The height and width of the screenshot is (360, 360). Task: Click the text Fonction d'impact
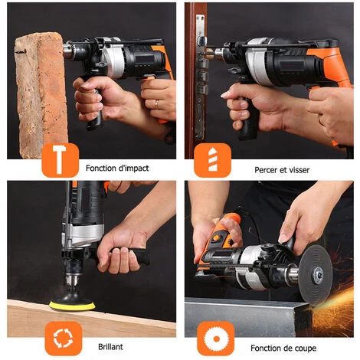tap(117, 168)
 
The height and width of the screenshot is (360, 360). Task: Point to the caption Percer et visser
tap(281, 169)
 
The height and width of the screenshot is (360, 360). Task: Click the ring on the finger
tap(156, 103)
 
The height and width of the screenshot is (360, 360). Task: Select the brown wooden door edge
tap(193, 77)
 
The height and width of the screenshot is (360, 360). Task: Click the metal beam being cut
tap(245, 314)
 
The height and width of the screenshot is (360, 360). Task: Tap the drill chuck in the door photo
tap(221, 53)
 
